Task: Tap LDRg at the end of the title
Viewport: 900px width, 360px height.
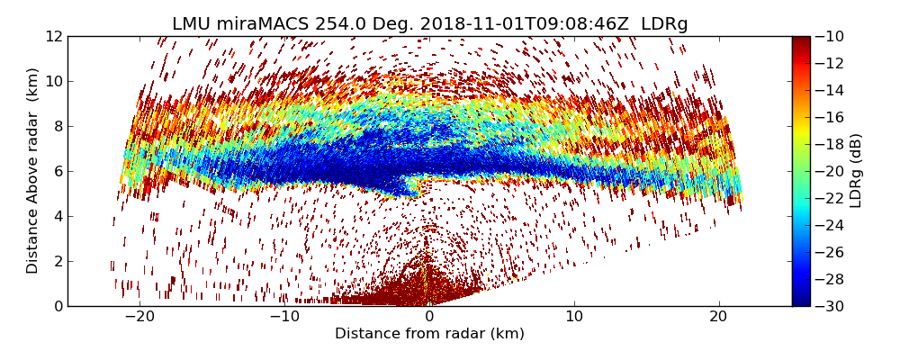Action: point(664,24)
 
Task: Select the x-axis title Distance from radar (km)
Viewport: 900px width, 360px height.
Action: point(429,334)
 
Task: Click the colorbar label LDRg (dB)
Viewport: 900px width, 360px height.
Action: point(856,170)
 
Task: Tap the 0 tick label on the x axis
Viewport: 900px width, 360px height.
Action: point(429,317)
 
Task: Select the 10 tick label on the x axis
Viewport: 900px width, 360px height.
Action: point(574,317)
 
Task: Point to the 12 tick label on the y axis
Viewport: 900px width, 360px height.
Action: point(53,36)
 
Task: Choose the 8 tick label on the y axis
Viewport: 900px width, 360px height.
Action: point(57,126)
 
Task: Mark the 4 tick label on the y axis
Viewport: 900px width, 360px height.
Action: point(57,216)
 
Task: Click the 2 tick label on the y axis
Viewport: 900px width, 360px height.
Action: point(57,261)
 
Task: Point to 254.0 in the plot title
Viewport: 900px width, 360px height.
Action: point(340,24)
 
